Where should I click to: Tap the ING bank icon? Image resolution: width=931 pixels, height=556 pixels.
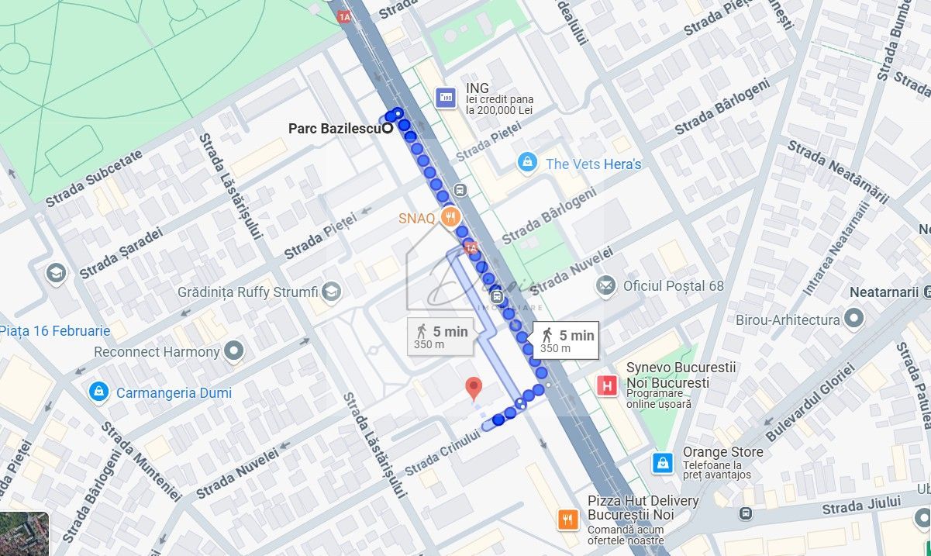click(x=446, y=97)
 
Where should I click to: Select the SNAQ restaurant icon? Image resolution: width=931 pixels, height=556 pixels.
click(x=449, y=218)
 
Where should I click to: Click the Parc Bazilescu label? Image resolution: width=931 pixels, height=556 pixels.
click(x=334, y=129)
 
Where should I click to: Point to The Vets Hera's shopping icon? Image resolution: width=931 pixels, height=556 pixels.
click(x=527, y=163)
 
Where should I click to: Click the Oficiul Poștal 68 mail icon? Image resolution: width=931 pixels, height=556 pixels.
click(x=605, y=285)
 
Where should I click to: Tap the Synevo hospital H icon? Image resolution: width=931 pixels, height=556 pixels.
click(x=608, y=384)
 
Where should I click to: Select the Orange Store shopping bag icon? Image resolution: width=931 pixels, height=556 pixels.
click(x=663, y=462)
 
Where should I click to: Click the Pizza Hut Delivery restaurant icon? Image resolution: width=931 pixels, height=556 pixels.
click(x=568, y=519)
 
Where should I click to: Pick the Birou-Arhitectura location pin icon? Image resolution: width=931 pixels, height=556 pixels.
click(x=853, y=319)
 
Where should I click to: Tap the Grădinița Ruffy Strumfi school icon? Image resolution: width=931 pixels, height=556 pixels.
click(x=331, y=292)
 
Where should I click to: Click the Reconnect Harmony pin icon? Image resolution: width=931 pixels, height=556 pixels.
click(x=233, y=352)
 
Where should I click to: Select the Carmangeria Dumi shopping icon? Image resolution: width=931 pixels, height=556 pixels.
click(x=98, y=392)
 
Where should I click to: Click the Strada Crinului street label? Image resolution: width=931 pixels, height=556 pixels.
click(x=442, y=453)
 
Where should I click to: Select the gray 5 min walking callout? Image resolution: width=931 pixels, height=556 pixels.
click(x=440, y=336)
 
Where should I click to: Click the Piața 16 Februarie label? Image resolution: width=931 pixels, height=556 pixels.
click(x=54, y=331)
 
